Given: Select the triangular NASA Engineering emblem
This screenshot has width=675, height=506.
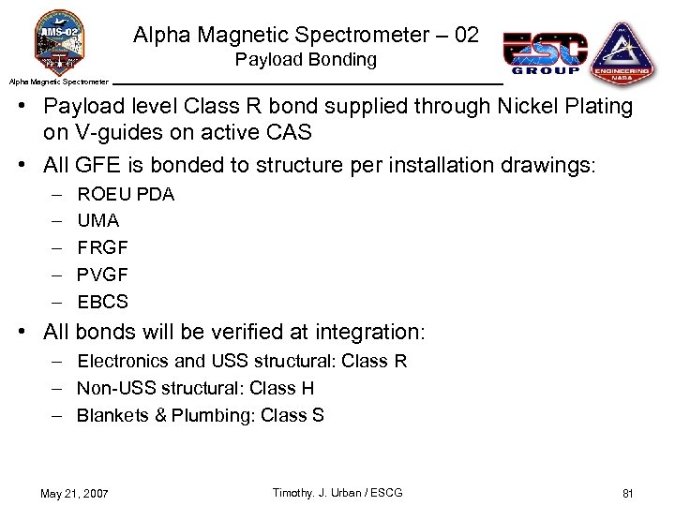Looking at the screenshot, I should [622, 52].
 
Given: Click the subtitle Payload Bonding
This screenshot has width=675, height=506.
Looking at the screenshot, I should [306, 60].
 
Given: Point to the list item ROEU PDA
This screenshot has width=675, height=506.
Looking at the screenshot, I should [126, 194].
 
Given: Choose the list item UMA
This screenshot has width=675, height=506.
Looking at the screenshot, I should [98, 221].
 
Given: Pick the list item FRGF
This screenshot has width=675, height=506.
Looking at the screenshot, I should [102, 248].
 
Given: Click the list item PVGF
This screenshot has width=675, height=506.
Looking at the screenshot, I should [102, 275].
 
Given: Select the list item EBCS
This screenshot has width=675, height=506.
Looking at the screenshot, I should [102, 302].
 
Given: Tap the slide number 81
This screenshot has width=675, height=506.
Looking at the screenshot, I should [628, 494].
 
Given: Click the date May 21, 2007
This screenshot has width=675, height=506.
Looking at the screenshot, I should [75, 494].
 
